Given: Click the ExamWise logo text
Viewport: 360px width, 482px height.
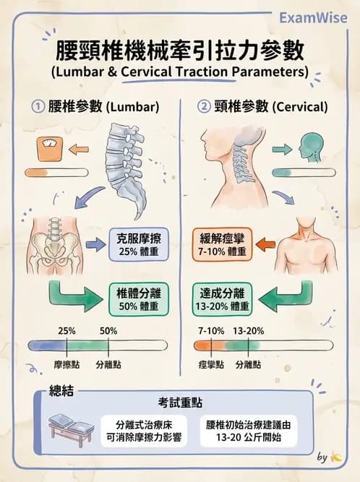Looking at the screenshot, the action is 313,18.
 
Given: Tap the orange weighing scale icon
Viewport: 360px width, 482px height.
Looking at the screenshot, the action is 50,149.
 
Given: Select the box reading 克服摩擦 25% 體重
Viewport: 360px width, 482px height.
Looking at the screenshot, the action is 139,244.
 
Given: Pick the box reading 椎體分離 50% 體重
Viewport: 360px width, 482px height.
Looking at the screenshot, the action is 139,299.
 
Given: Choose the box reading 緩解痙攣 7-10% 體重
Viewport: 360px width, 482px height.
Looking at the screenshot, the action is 222,245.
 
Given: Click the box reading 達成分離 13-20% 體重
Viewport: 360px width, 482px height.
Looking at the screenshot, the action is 222,300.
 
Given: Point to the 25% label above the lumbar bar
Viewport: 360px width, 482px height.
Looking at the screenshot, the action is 67,331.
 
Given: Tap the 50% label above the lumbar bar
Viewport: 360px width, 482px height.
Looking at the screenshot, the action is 108,331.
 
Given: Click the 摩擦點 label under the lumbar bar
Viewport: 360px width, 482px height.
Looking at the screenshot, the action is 67,365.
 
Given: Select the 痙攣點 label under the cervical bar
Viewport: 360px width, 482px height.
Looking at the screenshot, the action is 211,365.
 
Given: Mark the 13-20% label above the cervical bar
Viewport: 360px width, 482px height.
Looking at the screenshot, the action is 249,331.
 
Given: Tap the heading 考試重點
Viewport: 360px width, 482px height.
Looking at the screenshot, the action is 180,403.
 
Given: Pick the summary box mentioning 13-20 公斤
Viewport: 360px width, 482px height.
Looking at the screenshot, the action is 249,431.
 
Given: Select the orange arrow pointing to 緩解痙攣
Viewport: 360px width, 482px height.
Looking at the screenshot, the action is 265,245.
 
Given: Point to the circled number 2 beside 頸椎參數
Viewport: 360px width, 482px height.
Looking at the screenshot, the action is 204,107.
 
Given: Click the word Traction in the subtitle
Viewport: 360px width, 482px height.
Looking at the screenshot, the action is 202,72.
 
